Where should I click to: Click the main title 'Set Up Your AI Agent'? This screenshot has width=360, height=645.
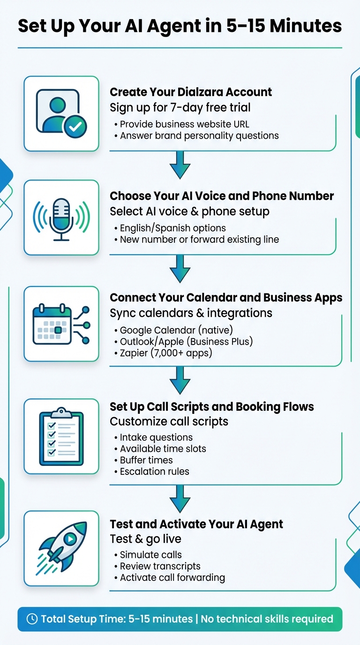[180, 26]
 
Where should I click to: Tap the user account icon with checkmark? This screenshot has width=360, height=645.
[61, 114]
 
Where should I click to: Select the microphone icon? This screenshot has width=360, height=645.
[61, 218]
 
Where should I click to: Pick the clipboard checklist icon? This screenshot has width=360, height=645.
[61, 436]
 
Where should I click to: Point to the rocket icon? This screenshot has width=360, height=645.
[61, 548]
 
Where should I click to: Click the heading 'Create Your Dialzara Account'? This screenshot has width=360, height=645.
[191, 92]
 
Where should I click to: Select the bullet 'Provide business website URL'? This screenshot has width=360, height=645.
[184, 124]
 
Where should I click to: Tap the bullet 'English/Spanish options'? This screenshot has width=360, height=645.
[172, 228]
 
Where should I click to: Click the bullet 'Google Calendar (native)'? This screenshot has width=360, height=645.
[176, 330]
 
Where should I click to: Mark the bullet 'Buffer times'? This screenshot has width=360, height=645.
[146, 460]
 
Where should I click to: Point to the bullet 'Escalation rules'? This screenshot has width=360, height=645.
[154, 472]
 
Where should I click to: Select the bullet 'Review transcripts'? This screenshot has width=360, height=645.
[160, 566]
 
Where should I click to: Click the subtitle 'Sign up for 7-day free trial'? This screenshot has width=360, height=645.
[180, 107]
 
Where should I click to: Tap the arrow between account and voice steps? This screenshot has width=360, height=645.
[180, 165]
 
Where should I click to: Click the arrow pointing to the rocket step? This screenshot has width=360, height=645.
[180, 498]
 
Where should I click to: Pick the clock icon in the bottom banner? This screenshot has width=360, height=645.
[32, 619]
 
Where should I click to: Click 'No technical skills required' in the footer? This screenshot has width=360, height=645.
[267, 619]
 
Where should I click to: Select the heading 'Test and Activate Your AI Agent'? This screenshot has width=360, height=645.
[196, 524]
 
